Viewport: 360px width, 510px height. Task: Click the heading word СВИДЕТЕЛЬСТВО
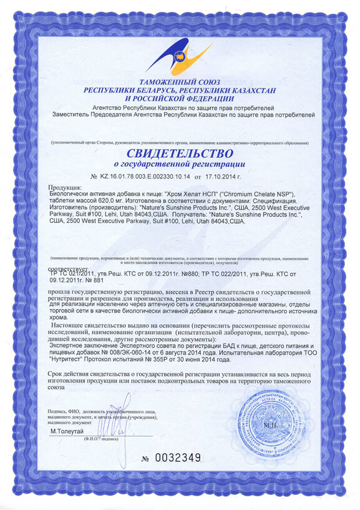[x=180, y=153]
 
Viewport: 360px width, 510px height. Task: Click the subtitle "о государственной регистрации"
[x=180, y=164]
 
